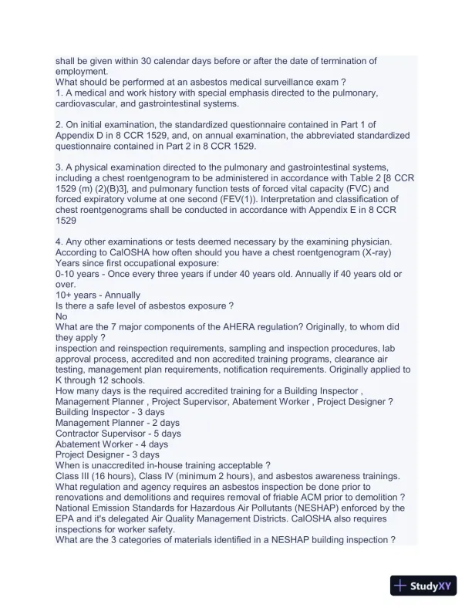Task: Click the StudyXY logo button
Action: (426, 586)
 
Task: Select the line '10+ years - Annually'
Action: (98, 294)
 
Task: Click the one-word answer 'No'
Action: (62, 316)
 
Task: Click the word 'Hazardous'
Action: (251, 508)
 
